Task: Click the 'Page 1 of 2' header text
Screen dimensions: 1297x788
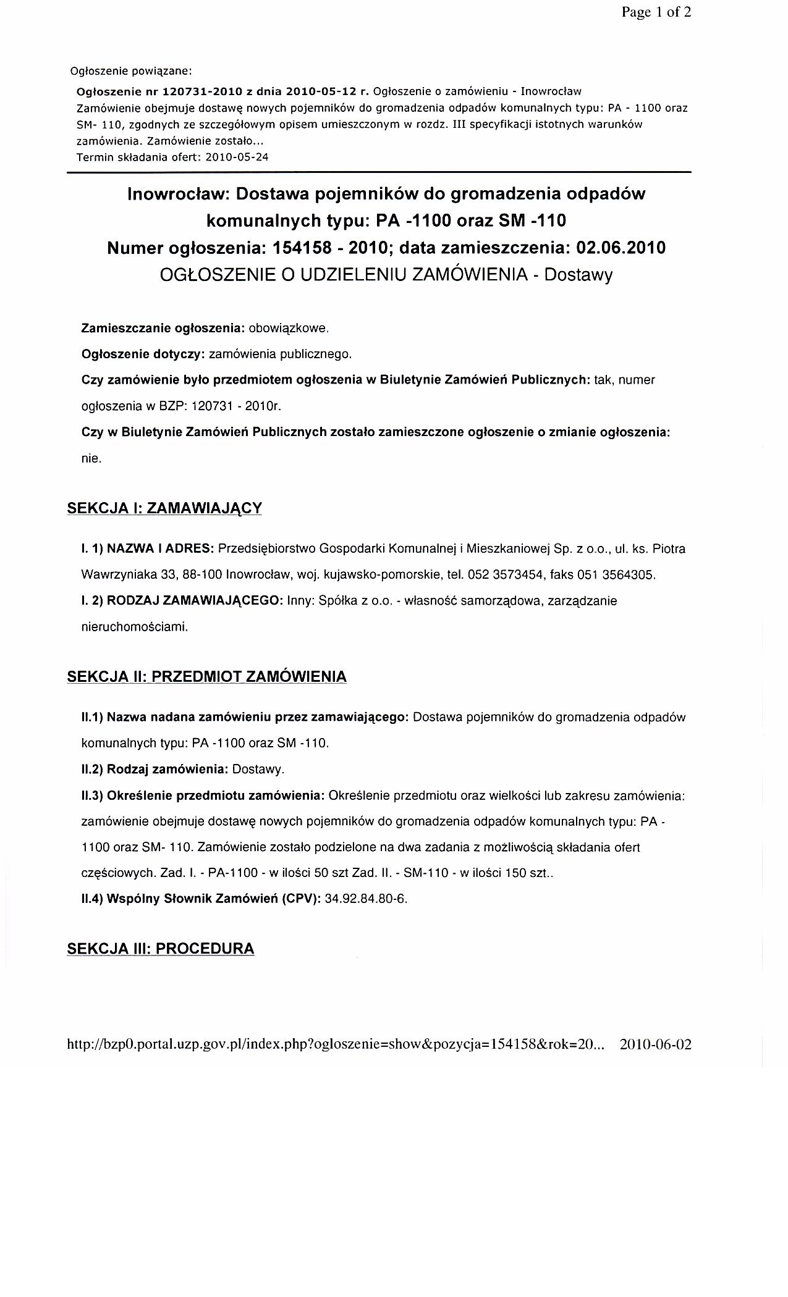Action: point(656,12)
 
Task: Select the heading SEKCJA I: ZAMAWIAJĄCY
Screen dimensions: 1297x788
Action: point(164,508)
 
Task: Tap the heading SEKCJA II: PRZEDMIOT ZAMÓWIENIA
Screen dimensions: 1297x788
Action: point(206,677)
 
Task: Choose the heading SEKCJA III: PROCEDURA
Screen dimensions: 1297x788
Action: point(160,949)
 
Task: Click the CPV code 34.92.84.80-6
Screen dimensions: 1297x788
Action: point(366,899)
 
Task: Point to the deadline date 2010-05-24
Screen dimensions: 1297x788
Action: point(237,157)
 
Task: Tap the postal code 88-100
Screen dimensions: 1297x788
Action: point(203,575)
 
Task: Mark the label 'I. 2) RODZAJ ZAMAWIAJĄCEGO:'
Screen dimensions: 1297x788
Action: point(183,601)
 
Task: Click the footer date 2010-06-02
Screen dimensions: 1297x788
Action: point(655,1045)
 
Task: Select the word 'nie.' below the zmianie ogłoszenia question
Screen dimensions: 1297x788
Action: point(91,459)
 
